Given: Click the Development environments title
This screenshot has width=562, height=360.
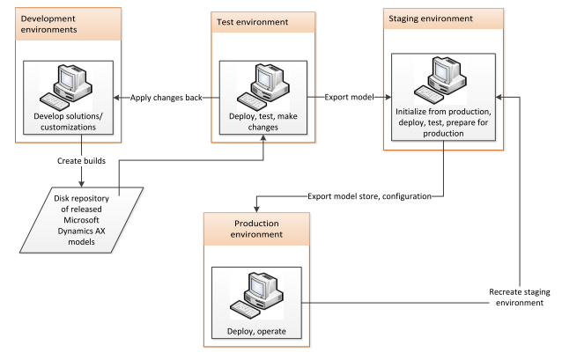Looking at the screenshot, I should tap(55, 24).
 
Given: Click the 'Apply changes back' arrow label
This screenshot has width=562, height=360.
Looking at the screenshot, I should tap(166, 97).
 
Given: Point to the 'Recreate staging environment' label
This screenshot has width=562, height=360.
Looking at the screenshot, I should tap(520, 297).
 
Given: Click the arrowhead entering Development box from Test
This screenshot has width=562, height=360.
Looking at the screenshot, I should tap(121, 97).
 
